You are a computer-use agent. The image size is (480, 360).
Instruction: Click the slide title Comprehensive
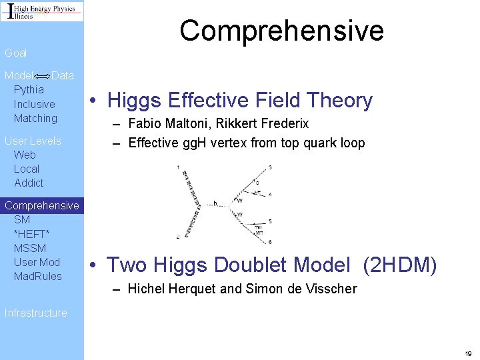pyautogui.click(x=281, y=31)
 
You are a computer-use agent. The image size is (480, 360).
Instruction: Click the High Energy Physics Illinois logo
pyautogui.click(x=42, y=11)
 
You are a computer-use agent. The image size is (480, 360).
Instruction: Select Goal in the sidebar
pyautogui.click(x=16, y=53)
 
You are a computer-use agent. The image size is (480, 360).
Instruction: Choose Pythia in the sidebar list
pyautogui.click(x=29, y=89)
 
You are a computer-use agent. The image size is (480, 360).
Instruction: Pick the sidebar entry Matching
pyautogui.click(x=35, y=119)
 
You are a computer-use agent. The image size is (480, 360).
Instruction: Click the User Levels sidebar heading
pyautogui.click(x=33, y=141)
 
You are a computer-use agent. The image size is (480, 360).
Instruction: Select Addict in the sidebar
pyautogui.click(x=29, y=183)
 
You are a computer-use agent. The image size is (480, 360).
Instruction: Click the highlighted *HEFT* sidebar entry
pyautogui.click(x=31, y=233)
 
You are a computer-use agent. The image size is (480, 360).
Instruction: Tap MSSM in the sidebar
pyautogui.click(x=30, y=248)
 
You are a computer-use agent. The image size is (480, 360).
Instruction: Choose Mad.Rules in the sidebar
pyautogui.click(x=37, y=276)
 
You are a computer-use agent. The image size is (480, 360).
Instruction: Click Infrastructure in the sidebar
pyautogui.click(x=36, y=313)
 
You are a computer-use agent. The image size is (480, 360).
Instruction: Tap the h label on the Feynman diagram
pyautogui.click(x=215, y=202)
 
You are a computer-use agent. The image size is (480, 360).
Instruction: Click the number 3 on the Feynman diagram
pyautogui.click(x=269, y=167)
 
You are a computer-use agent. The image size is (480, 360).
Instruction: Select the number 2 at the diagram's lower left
pyautogui.click(x=178, y=237)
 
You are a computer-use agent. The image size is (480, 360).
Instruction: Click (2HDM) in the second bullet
pyautogui.click(x=400, y=266)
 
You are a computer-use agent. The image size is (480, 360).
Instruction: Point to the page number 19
pyautogui.click(x=468, y=353)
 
